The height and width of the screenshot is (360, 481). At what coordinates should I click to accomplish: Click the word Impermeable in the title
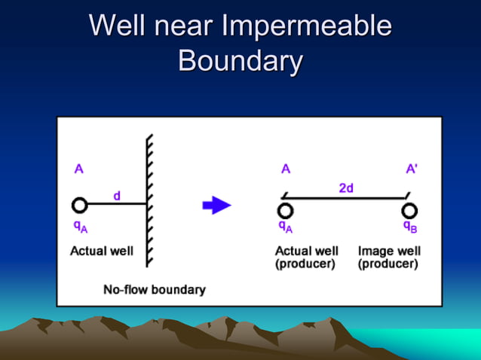coord(307,26)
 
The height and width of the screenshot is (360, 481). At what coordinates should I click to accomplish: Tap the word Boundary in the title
coord(240,60)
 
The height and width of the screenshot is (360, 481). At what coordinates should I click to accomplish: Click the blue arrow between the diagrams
coord(217,205)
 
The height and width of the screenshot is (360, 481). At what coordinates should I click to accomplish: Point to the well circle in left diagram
coord(79,205)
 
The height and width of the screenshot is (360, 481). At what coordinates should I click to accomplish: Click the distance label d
coord(117,196)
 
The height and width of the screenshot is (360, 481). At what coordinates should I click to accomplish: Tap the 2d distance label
coord(346,188)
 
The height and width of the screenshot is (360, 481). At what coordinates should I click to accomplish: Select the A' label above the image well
coord(412,169)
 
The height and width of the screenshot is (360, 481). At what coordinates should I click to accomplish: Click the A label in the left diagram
coord(78,169)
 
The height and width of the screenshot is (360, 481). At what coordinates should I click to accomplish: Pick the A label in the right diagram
coord(286,169)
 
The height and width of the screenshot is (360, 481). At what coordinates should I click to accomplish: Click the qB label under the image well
coord(410,226)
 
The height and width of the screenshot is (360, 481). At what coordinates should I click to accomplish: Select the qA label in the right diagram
coord(286,226)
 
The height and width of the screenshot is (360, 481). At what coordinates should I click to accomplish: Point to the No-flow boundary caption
coord(155,289)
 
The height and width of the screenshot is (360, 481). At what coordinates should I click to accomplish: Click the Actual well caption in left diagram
coord(102,251)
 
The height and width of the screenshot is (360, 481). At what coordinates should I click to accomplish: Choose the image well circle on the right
coord(409,210)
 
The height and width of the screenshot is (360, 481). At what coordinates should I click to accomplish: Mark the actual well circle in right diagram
coord(285,210)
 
